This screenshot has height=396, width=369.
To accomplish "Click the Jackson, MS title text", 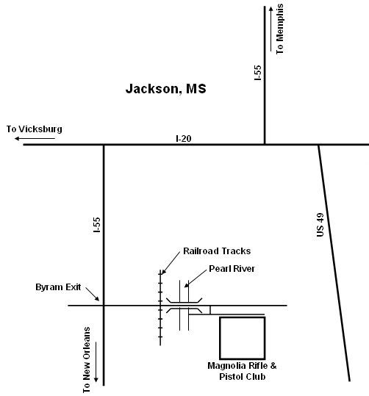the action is [166, 89].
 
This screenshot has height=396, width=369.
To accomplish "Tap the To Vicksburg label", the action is [35, 129].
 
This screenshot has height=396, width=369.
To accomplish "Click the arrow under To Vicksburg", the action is [35, 138].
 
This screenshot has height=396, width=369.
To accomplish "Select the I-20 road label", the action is [184, 138].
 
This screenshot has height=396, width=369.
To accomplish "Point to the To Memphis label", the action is [279, 29].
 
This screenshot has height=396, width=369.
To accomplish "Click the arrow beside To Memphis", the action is [271, 29].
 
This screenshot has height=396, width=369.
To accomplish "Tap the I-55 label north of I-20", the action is [257, 73].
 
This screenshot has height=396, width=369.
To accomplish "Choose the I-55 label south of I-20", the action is [97, 225].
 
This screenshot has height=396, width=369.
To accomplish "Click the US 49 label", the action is [320, 225].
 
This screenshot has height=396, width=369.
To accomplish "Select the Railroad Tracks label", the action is [217, 251].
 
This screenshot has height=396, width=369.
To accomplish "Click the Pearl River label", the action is [232, 269].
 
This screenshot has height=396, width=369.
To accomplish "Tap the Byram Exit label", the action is [58, 287].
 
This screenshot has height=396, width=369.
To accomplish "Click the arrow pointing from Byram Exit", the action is [93, 294].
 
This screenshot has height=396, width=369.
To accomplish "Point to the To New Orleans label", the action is [87, 360].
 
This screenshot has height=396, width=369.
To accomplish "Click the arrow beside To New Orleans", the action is [96, 362].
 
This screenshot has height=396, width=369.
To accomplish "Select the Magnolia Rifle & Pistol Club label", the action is [242, 371].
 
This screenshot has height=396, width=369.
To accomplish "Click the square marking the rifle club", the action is [220, 338].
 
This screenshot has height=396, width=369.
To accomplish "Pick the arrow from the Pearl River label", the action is [196, 278].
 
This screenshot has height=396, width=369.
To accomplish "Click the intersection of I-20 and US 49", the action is [318, 145].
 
